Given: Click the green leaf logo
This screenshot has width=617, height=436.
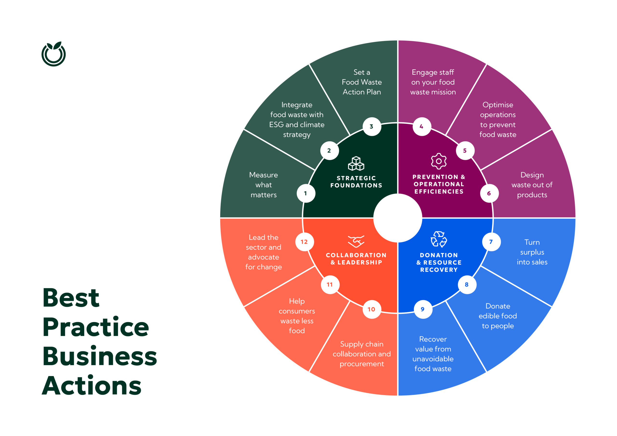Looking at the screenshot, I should [54, 54].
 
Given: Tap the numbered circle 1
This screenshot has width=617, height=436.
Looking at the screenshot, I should [306, 193].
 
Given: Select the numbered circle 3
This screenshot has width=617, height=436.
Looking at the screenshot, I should [372, 126].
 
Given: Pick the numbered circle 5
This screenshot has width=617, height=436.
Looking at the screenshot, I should [465, 151].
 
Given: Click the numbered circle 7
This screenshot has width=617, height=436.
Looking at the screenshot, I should [491, 242].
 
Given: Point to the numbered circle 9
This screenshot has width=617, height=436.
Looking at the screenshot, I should [423, 310].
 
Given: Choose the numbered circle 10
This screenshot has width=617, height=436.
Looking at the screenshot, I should [372, 310].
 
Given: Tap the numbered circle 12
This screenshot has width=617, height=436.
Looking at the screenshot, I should [304, 242].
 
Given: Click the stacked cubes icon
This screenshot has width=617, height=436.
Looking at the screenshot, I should [356, 164].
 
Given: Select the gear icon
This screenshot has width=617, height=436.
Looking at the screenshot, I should [439, 161].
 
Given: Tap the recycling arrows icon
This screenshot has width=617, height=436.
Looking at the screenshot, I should [439, 239].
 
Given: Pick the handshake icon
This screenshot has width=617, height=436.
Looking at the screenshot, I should [356, 241].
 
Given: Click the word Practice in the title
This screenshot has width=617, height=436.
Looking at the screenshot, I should [96, 327].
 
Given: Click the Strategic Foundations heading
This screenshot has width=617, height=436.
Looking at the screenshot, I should [356, 182].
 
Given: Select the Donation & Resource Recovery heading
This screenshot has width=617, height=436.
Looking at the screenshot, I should [439, 263].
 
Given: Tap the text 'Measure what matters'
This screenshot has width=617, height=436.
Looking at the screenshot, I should [264, 185].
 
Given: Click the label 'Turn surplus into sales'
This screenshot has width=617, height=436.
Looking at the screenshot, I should [532, 252].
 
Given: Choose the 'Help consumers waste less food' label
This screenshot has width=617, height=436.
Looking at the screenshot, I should [297, 316].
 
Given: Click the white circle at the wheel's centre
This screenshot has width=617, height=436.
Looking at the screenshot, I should [398, 218].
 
